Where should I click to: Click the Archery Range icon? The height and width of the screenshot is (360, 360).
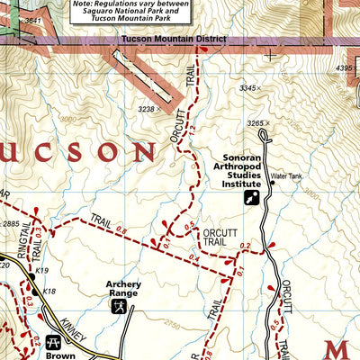118,308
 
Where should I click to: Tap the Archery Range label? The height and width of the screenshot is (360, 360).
124,288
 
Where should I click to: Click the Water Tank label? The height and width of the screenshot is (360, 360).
286,176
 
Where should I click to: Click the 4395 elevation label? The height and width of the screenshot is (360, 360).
346,67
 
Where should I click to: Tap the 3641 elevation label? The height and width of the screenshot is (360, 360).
33,20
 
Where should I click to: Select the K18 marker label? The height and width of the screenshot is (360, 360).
49,292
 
